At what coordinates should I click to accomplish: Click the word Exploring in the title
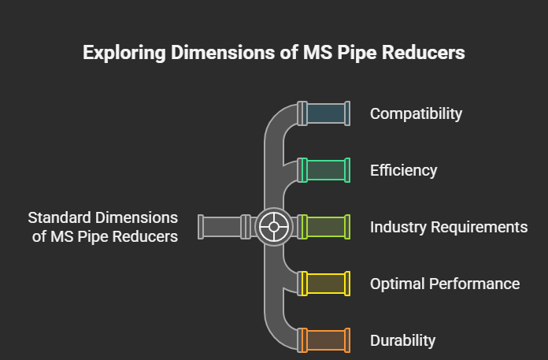(x=124, y=53)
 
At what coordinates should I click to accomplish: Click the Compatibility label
(x=416, y=114)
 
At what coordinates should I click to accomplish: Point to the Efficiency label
(x=403, y=171)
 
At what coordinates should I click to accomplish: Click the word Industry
(x=398, y=227)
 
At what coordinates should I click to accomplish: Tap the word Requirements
(x=479, y=227)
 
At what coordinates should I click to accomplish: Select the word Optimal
(x=398, y=284)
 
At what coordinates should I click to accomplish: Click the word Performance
(x=474, y=284)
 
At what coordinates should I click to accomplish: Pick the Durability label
(x=402, y=340)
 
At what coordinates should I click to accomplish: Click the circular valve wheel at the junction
(x=274, y=227)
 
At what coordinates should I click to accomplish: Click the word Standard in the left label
(x=59, y=217)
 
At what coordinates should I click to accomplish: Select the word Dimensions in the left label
(x=136, y=217)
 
